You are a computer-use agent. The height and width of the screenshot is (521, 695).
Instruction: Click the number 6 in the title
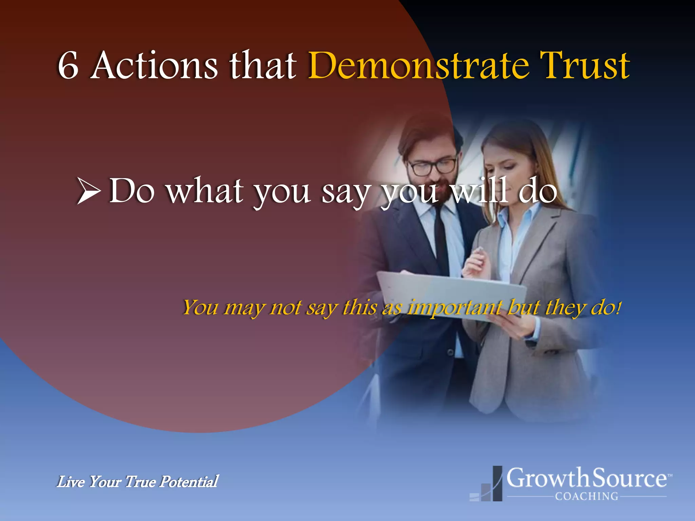click(68, 66)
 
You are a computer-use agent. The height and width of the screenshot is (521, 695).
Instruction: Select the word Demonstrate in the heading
click(418, 65)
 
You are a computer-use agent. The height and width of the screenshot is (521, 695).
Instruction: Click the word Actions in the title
click(154, 65)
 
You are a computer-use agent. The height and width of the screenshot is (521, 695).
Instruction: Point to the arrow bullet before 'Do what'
click(89, 191)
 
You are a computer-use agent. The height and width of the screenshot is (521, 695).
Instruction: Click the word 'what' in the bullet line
click(205, 191)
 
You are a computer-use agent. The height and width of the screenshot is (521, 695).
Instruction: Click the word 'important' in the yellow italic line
click(455, 308)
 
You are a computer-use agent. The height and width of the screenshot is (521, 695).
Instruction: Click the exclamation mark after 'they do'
click(619, 307)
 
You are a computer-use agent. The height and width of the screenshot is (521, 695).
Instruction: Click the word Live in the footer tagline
click(70, 482)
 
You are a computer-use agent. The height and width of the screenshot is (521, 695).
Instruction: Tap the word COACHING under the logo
click(586, 496)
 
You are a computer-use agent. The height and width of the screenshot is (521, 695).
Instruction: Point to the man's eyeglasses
click(433, 167)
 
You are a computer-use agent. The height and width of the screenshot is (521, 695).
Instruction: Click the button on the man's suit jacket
click(450, 352)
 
